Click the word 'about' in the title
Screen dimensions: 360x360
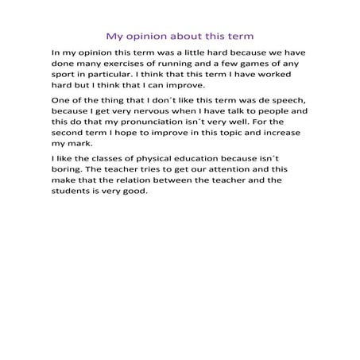(x=184, y=36)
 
